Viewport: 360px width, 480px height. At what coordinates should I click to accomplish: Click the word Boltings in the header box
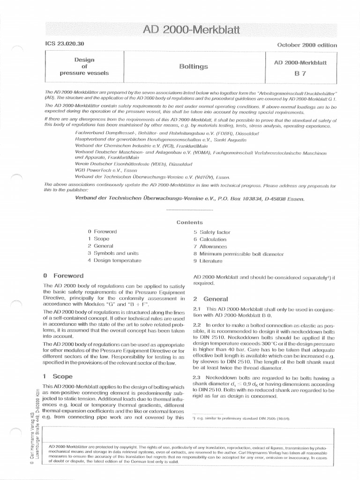click(194, 67)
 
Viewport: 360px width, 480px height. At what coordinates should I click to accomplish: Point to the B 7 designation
click(300, 73)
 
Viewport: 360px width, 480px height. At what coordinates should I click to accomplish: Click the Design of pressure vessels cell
click(84, 67)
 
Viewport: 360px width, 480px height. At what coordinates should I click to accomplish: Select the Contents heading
click(189, 222)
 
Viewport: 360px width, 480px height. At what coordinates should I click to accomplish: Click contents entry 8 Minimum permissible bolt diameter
click(239, 254)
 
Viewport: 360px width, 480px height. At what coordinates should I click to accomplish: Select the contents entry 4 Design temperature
click(114, 261)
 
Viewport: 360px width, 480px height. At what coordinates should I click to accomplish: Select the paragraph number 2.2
click(197, 325)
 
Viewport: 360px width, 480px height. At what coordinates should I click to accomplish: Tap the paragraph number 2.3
click(197, 378)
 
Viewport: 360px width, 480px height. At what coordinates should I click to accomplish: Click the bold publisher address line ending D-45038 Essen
click(190, 198)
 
